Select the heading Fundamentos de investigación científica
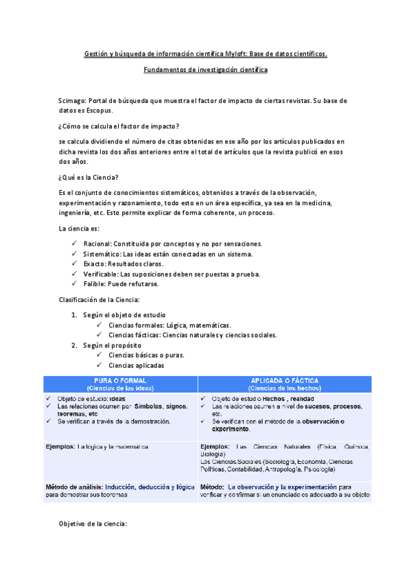point(205,70)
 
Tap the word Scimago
point(73,100)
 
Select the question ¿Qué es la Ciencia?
point(89,177)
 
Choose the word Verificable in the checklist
point(102,274)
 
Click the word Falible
point(94,283)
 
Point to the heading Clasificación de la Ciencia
point(99,299)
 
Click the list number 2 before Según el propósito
point(74,345)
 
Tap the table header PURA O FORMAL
point(119,380)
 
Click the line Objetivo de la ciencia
point(93,524)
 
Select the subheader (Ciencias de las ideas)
point(119,388)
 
